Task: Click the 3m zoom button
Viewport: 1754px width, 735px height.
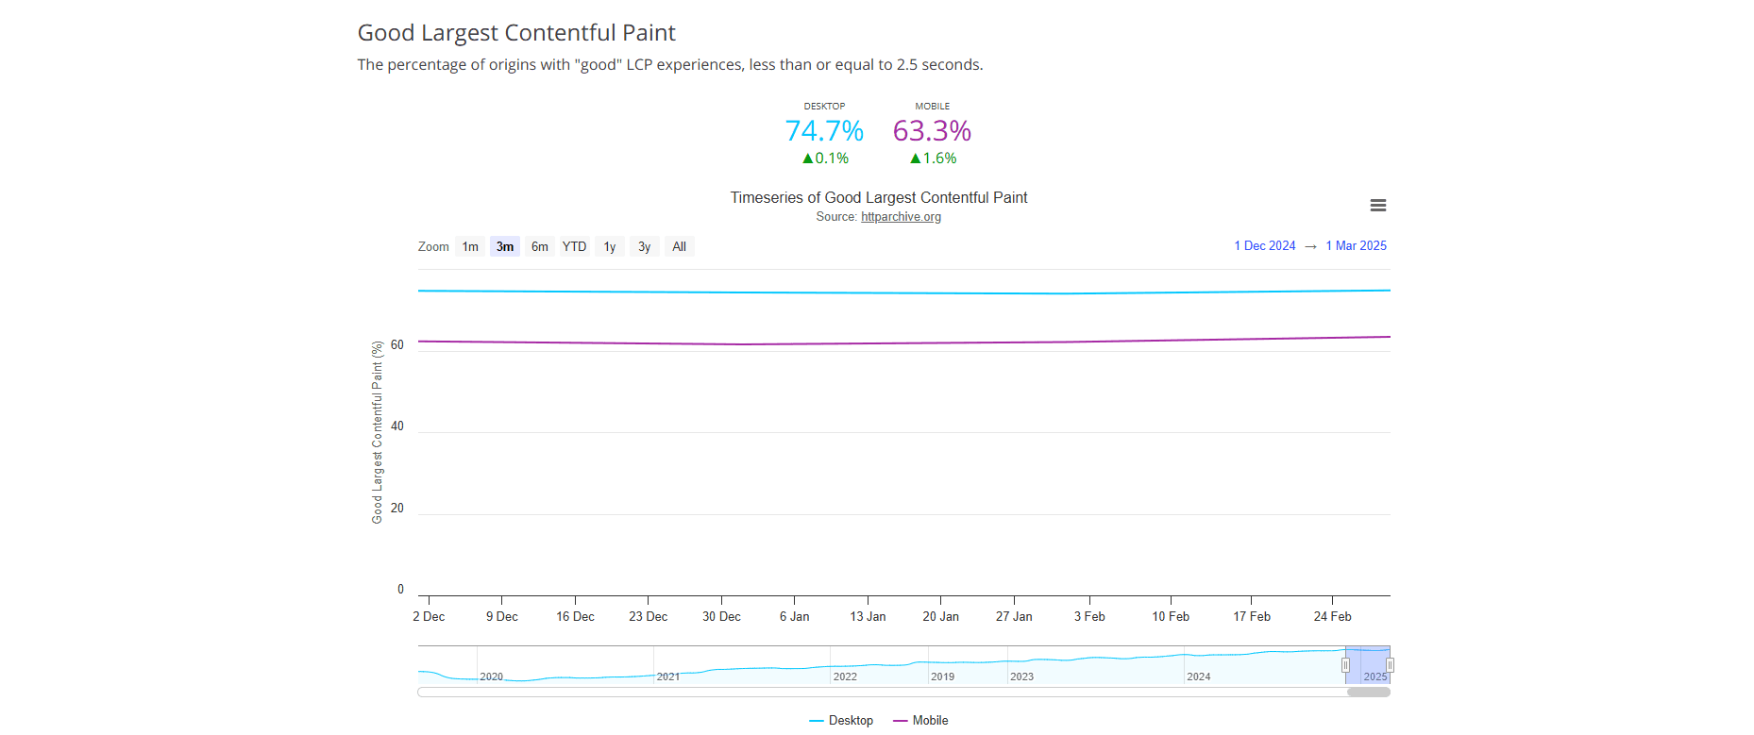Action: coord(505,246)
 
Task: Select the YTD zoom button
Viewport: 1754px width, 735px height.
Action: coord(574,246)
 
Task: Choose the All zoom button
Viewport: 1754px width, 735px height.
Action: coord(679,246)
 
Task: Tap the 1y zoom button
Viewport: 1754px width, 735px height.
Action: coord(610,246)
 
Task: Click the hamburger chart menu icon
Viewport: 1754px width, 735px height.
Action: coord(1377,206)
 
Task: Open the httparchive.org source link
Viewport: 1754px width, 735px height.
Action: coord(901,217)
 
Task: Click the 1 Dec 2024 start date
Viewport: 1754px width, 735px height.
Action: coord(1264,245)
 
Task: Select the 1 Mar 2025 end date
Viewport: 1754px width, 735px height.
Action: coord(1356,245)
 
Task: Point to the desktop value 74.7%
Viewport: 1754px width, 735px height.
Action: coord(824,131)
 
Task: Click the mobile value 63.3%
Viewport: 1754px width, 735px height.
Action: coord(932,131)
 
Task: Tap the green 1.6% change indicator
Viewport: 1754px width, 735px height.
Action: coord(933,159)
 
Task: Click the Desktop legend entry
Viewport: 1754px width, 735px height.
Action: coord(841,720)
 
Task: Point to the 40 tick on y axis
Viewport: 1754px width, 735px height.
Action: coord(396,426)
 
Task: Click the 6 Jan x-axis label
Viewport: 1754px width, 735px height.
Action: coord(794,616)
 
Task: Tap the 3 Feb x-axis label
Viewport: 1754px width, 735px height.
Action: coord(1089,616)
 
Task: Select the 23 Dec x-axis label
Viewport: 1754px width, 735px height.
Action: coord(648,616)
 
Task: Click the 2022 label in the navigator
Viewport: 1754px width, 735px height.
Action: coord(845,677)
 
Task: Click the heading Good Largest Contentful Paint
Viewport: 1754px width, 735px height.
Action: coord(516,33)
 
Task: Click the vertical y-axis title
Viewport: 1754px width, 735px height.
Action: coord(377,432)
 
